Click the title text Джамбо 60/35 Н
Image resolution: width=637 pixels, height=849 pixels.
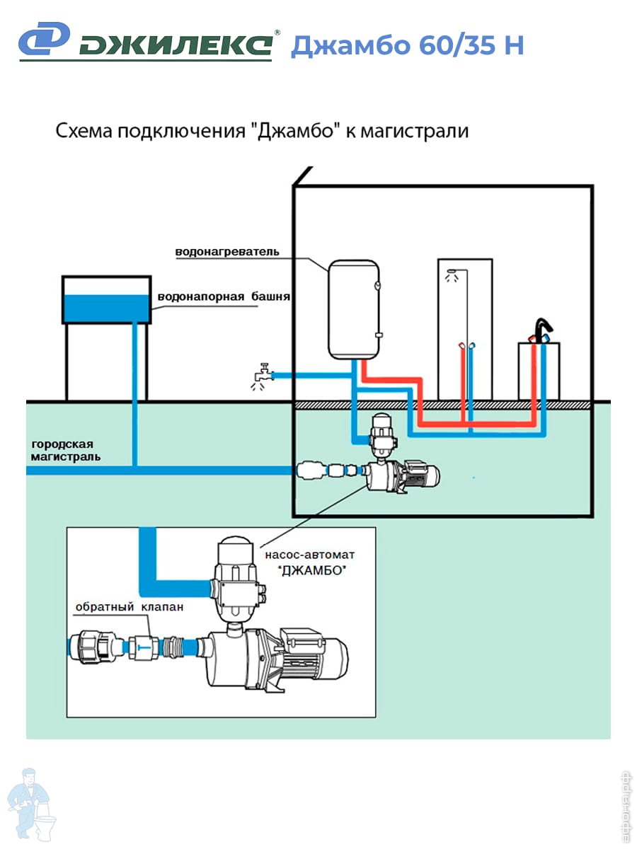pyautogui.click(x=407, y=45)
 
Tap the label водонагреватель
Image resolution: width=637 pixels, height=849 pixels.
pyautogui.click(x=227, y=252)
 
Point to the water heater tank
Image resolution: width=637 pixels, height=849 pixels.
pyautogui.click(x=353, y=308)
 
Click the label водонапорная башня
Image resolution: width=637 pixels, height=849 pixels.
pyautogui.click(x=224, y=296)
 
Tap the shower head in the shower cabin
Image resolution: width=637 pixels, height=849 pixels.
pyautogui.click(x=452, y=274)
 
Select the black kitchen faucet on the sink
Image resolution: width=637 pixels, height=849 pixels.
pyautogui.click(x=542, y=330)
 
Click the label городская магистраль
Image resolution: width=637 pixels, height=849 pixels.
pyautogui.click(x=64, y=451)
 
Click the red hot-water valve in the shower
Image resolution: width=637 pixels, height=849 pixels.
pyautogui.click(x=461, y=347)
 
